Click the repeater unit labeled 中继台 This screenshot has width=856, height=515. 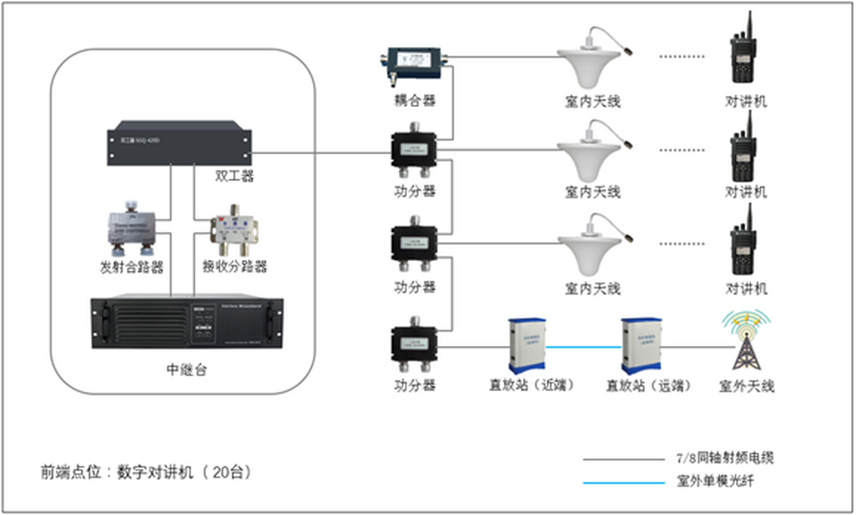[187, 323]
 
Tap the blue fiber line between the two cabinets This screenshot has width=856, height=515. [583, 347]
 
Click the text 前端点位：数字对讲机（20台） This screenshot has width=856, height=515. [145, 472]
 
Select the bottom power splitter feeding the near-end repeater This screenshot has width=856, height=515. [414, 345]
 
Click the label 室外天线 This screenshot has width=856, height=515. [746, 386]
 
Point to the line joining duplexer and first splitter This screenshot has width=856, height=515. [322, 153]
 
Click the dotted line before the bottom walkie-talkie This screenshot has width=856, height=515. [682, 243]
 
